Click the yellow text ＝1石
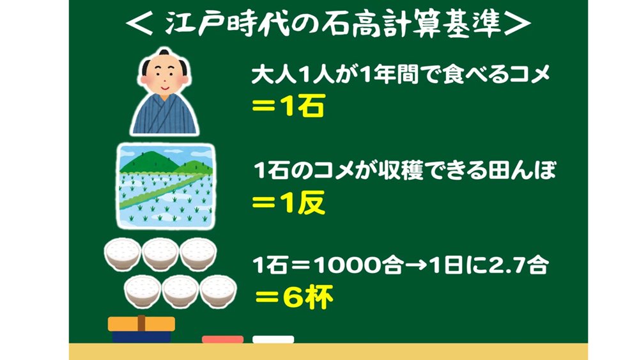coord(289,106)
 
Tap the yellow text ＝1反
coord(289,202)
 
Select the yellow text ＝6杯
coord(294,297)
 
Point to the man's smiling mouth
coord(164,88)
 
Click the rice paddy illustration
coord(166,186)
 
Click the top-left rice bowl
coord(122,254)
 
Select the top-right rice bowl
coord(199,254)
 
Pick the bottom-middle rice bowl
coord(180,291)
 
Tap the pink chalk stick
coord(222,339)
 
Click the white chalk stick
coord(273,339)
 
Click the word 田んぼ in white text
coord(514,171)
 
